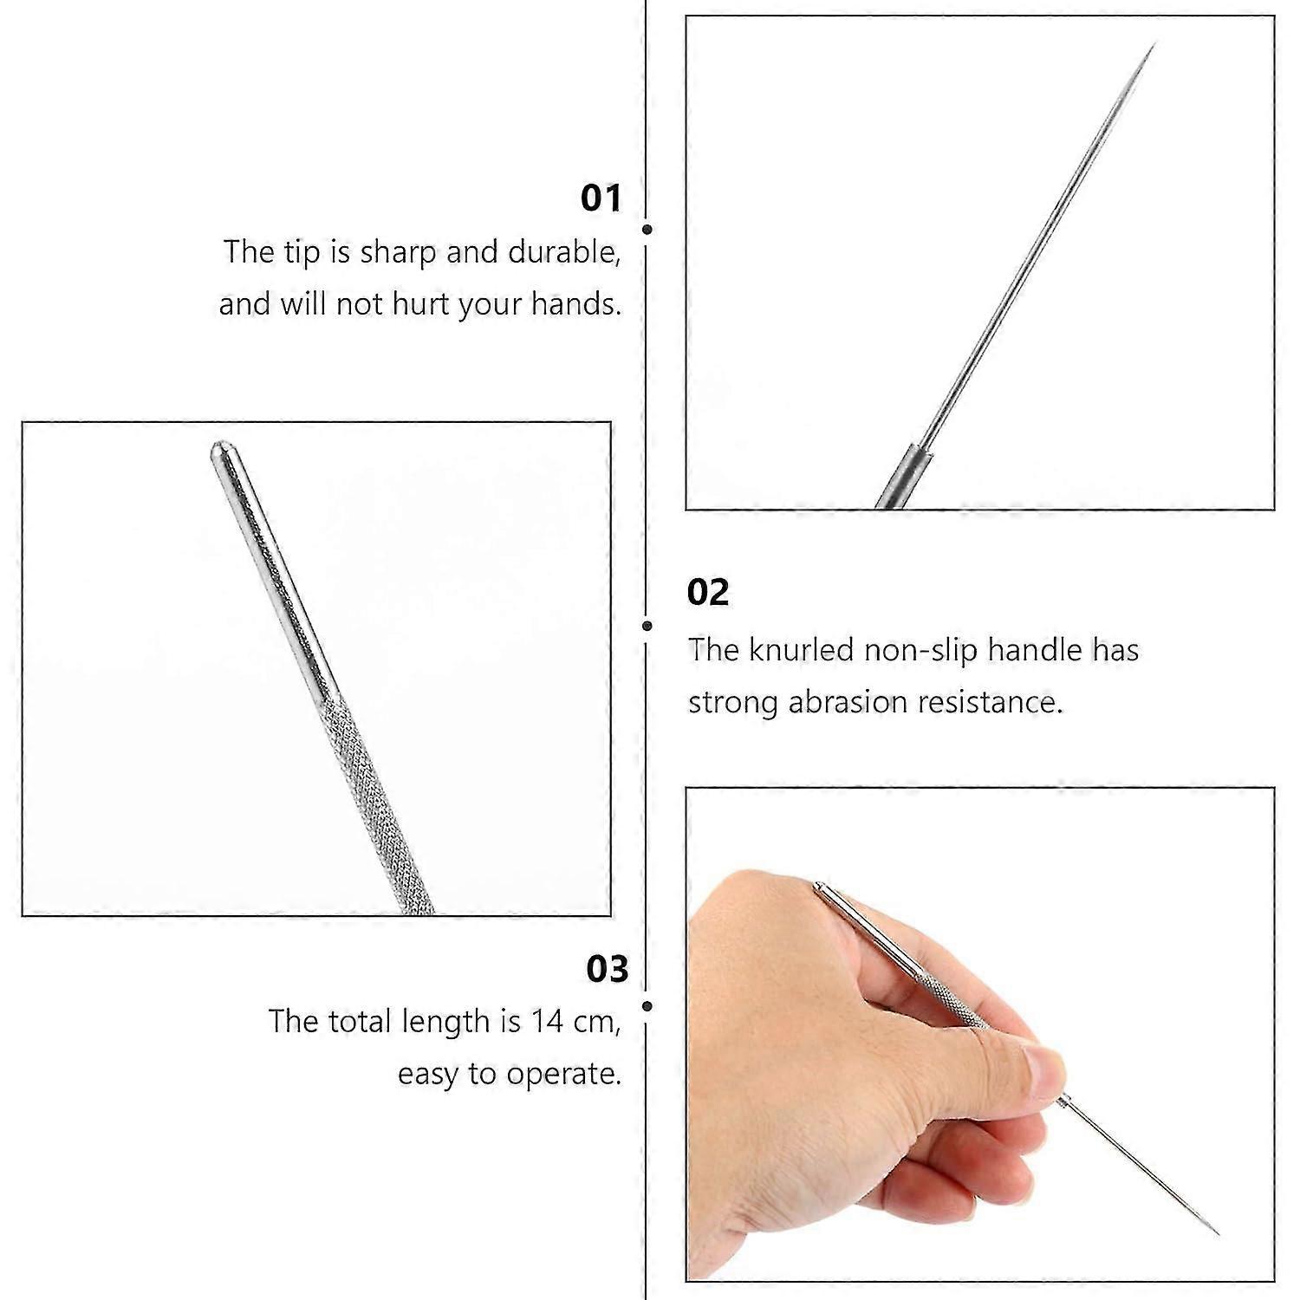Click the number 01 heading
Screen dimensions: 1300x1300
(601, 198)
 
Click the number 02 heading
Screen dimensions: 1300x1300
(707, 593)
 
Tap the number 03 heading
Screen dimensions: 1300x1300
(607, 968)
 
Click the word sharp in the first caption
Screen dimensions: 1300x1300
(400, 252)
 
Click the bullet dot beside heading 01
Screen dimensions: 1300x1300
(647, 230)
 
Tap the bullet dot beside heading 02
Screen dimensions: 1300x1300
(647, 625)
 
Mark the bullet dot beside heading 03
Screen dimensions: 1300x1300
(647, 1006)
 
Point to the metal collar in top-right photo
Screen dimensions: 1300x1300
(901, 477)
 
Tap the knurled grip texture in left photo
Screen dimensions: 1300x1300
(373, 797)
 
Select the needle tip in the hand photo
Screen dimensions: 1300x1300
(1215, 1231)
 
